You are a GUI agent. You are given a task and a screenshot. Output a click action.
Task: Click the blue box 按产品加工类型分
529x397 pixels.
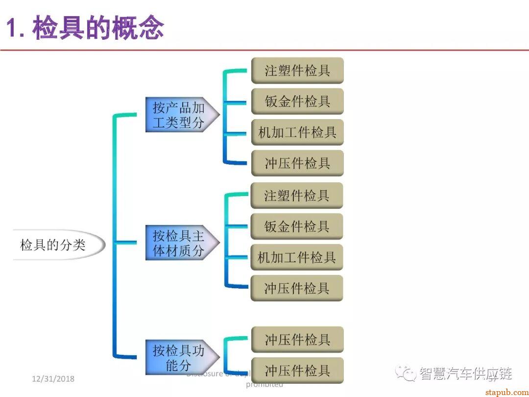click(x=179, y=115)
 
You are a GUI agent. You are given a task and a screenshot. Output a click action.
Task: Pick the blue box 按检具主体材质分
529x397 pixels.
click(x=179, y=243)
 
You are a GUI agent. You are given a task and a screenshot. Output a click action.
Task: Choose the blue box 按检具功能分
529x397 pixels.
click(x=179, y=357)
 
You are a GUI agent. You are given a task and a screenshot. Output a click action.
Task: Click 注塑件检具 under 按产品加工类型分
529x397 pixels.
click(x=297, y=71)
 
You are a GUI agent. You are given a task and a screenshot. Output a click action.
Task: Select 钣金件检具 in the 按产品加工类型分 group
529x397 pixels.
click(x=297, y=101)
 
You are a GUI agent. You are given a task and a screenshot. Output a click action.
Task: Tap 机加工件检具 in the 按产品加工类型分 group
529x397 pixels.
click(x=297, y=132)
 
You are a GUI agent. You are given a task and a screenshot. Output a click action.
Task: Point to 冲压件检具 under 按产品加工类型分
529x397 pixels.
click(x=297, y=163)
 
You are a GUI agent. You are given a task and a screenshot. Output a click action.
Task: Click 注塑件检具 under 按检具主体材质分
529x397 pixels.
click(x=297, y=196)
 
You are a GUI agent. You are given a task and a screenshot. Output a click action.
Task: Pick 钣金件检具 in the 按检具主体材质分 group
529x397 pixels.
click(x=297, y=226)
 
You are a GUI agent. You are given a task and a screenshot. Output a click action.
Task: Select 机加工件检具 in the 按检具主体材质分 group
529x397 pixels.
click(x=297, y=257)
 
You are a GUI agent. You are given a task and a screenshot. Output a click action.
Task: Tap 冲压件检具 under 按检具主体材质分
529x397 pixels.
click(x=297, y=288)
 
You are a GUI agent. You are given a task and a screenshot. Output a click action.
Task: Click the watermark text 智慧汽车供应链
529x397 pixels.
click(x=465, y=373)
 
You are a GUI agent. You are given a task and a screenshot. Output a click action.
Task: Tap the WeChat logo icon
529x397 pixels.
click(x=406, y=373)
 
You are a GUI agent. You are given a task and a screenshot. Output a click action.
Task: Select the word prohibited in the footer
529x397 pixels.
click(x=264, y=384)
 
